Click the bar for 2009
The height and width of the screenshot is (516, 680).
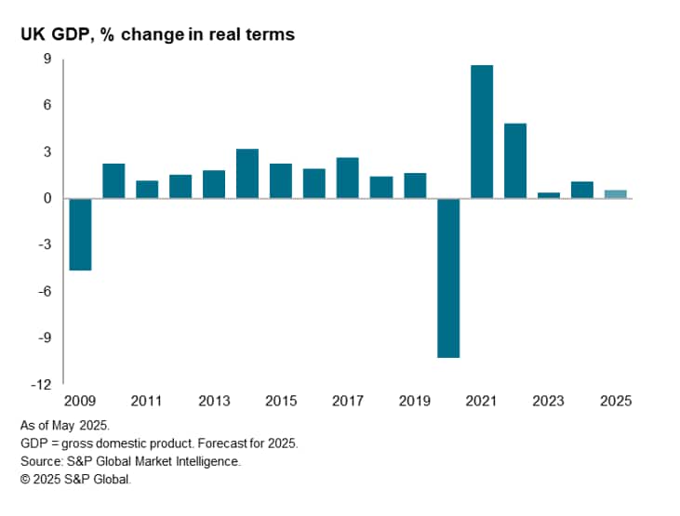pyautogui.click(x=80, y=234)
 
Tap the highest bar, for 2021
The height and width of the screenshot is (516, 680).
pyautogui.click(x=482, y=131)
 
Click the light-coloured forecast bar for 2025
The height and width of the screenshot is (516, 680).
pyautogui.click(x=616, y=194)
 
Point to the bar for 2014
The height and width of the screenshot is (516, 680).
pyautogui.click(x=247, y=174)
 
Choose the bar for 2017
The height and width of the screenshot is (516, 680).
pyautogui.click(x=348, y=178)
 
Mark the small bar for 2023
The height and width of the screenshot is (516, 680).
pyautogui.click(x=549, y=195)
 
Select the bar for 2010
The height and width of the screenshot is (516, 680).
pyautogui.click(x=113, y=180)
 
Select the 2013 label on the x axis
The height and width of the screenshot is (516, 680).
pyautogui.click(x=214, y=401)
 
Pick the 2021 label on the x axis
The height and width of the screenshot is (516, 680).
pyautogui.click(x=482, y=401)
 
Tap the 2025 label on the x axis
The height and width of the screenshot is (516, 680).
pyautogui.click(x=616, y=401)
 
